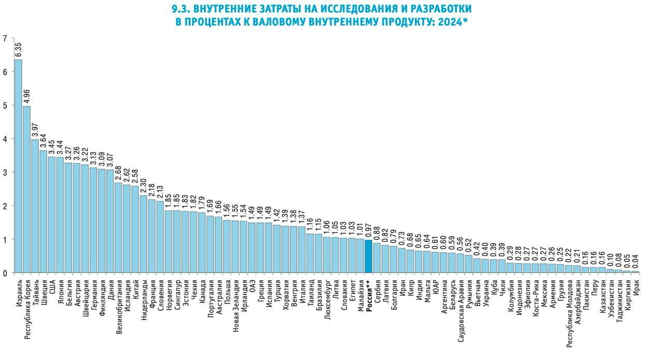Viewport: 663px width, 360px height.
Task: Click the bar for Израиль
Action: click(18, 166)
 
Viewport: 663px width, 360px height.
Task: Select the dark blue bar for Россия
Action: click(368, 256)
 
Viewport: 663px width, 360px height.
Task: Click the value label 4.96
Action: click(26, 96)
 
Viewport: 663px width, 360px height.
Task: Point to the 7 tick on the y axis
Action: click(5, 38)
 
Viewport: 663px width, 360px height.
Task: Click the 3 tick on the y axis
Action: click(5, 172)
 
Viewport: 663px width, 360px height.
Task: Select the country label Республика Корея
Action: click(27, 310)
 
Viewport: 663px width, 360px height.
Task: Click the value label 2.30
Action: click(143, 185)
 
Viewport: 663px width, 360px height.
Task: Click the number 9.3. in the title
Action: click(181, 9)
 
